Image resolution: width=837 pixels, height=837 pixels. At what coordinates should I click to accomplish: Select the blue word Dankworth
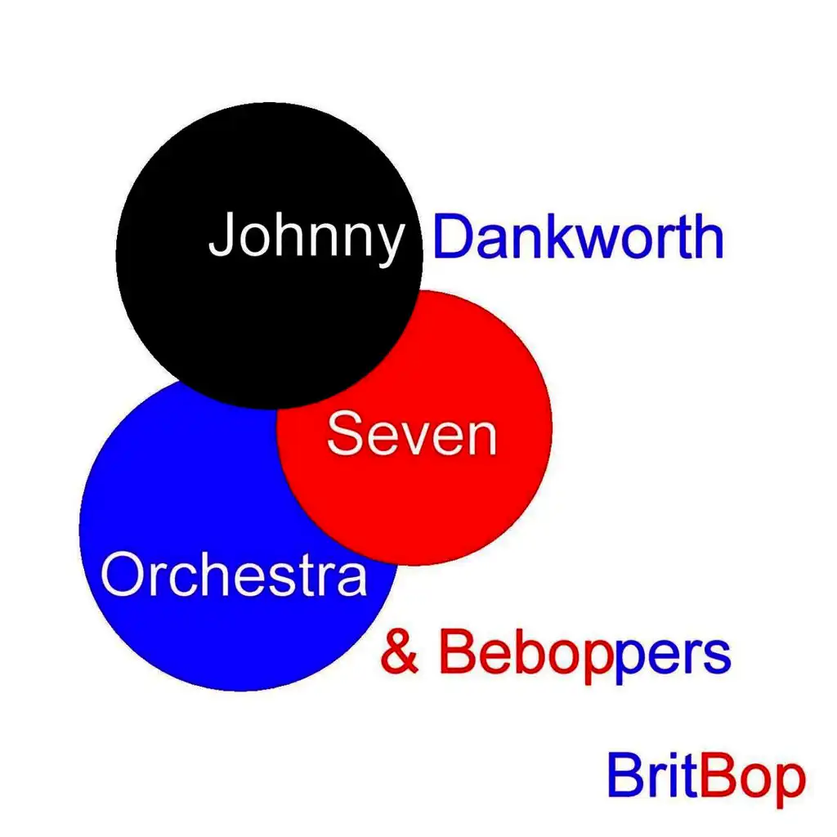578,236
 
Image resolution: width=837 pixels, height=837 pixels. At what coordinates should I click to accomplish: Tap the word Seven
412,433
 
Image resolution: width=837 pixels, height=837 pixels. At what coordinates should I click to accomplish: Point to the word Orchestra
234,574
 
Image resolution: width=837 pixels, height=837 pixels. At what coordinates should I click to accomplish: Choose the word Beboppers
585,656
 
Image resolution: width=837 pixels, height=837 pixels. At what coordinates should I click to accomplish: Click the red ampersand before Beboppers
399,651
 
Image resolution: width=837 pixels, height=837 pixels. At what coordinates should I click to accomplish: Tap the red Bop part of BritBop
752,780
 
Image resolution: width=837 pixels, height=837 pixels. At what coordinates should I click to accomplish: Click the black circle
269,256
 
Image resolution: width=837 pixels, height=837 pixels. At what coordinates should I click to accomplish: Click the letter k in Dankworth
557,236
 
